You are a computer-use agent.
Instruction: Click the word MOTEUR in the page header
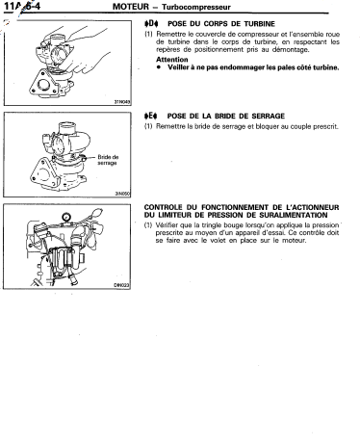pyautogui.click(x=131, y=7)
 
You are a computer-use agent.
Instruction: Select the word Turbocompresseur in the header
pyautogui.click(x=196, y=7)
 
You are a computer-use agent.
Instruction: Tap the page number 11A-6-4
pyautogui.click(x=22, y=6)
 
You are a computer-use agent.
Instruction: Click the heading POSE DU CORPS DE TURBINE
pyautogui.click(x=221, y=24)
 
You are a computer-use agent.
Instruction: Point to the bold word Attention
pyautogui.click(x=172, y=60)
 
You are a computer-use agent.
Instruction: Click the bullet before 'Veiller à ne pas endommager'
pyautogui.click(x=159, y=67)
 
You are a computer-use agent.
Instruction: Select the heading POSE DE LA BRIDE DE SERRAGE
pyautogui.click(x=226, y=116)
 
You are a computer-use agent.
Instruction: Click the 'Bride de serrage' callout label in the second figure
pyautogui.click(x=108, y=160)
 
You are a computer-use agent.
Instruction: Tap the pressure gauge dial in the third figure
pyautogui.click(x=66, y=217)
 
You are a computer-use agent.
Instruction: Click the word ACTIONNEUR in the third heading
pyautogui.click(x=313, y=207)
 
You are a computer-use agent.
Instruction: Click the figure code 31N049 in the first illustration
pyautogui.click(x=122, y=102)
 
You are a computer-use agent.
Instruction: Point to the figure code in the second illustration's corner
pyautogui.click(x=122, y=194)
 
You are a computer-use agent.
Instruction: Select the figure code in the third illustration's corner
pyautogui.click(x=122, y=285)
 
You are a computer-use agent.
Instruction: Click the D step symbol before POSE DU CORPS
pyautogui.click(x=151, y=23)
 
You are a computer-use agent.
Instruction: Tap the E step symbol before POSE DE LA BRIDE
pyautogui.click(x=151, y=116)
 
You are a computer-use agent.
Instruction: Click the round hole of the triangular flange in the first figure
pyautogui.click(x=42, y=85)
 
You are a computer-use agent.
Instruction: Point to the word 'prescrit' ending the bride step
pyautogui.click(x=326, y=126)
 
